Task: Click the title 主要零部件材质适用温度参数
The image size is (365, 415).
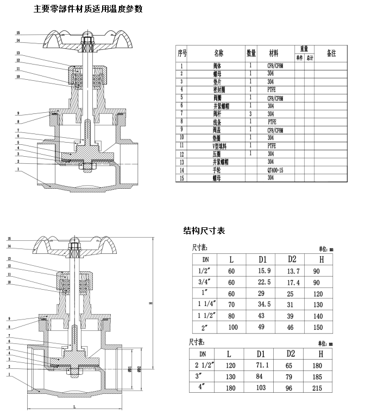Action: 88,9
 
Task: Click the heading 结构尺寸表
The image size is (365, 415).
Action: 204,231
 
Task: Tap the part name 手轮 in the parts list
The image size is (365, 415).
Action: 217,170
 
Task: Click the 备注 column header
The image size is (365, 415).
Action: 331,53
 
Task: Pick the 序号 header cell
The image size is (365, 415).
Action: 182,53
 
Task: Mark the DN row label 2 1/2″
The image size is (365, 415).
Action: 202,366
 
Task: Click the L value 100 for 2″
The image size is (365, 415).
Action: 233,327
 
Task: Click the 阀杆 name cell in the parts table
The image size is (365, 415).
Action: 217,114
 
